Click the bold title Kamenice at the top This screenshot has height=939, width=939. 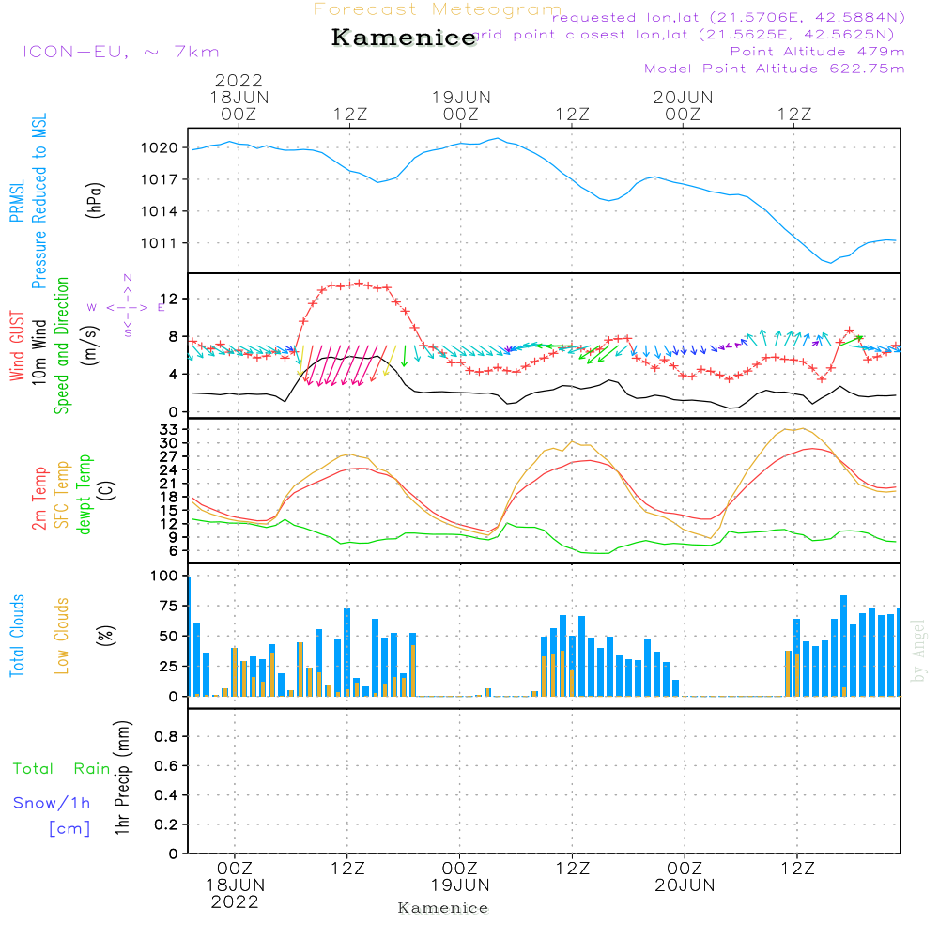click(404, 38)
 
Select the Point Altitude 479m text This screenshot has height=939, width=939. click(817, 52)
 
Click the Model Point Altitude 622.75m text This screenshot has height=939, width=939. click(775, 69)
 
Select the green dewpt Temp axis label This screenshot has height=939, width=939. click(84, 494)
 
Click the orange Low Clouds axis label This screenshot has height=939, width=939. click(62, 635)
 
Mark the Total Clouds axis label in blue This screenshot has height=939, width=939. click(17, 635)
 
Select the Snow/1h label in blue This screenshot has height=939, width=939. click(52, 803)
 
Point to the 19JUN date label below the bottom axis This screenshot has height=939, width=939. click(460, 885)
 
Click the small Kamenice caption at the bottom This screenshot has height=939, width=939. click(443, 908)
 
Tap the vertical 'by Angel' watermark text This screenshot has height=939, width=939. click(918, 650)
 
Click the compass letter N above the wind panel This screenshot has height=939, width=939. click(128, 277)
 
